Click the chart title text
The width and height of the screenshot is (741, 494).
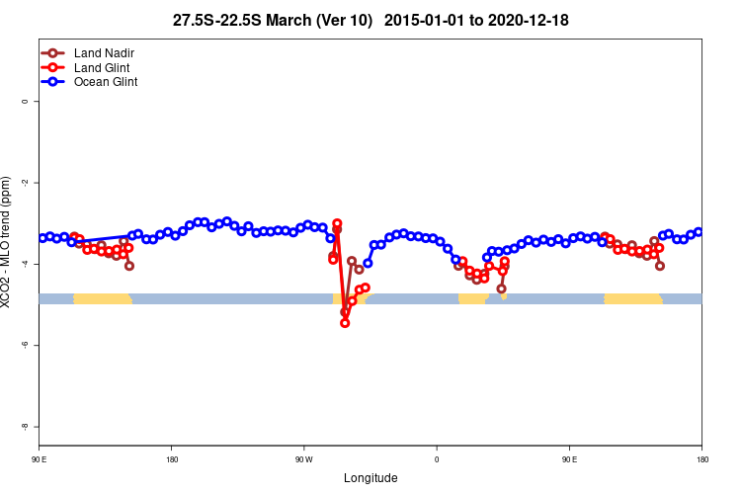point(370,20)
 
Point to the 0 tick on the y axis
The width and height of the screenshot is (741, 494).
point(24,102)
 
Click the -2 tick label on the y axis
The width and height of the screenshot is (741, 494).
point(24,183)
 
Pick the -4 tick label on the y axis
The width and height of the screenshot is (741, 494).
point(24,264)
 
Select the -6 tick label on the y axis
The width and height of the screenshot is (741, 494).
point(24,345)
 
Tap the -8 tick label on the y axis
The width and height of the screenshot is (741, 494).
point(24,426)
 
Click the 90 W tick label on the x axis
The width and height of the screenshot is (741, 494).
point(303,459)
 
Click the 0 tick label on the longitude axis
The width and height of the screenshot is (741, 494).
point(437,459)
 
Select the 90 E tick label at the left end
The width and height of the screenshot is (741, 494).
point(39,459)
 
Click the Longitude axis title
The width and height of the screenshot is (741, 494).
point(370,478)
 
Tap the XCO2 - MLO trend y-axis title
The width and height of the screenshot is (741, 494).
point(8,242)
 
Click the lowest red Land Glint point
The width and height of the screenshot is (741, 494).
point(345,323)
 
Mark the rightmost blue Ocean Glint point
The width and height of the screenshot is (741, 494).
point(699,232)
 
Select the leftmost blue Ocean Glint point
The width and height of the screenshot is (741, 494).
point(41,238)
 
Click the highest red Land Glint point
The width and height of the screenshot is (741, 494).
point(337,223)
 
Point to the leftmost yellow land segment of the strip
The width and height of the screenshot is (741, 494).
point(103,298)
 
